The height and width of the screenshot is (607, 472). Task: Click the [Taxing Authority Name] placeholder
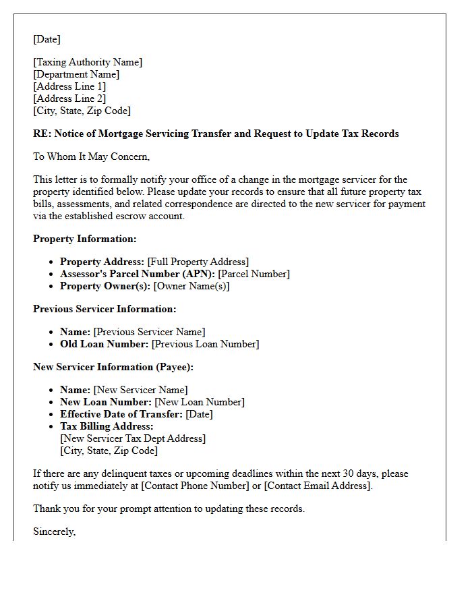click(88, 62)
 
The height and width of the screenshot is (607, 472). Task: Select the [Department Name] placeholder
click(76, 74)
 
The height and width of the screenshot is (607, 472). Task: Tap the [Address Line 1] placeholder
click(69, 86)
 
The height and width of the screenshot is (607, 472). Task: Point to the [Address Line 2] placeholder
click(69, 98)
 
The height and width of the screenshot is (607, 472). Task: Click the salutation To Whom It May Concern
click(91, 156)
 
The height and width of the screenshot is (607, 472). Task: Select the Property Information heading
click(85, 239)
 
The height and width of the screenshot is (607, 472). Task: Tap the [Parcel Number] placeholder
click(254, 274)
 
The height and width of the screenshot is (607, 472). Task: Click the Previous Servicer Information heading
click(105, 309)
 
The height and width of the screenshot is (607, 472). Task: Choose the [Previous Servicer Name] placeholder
click(149, 332)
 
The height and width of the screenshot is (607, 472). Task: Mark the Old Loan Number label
click(104, 344)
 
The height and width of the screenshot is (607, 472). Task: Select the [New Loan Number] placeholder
click(200, 402)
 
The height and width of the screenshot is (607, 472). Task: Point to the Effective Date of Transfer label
click(121, 414)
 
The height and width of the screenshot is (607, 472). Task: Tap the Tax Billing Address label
click(107, 426)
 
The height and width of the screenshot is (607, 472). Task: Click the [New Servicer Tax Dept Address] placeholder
click(133, 438)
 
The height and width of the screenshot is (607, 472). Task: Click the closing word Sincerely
click(54, 531)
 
